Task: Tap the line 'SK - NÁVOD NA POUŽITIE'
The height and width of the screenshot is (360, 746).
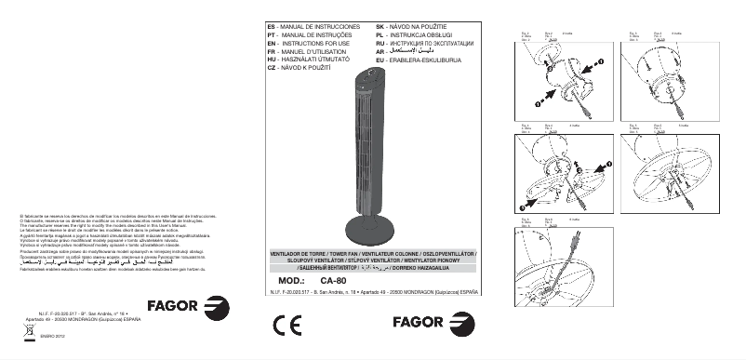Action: [x=403, y=27]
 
